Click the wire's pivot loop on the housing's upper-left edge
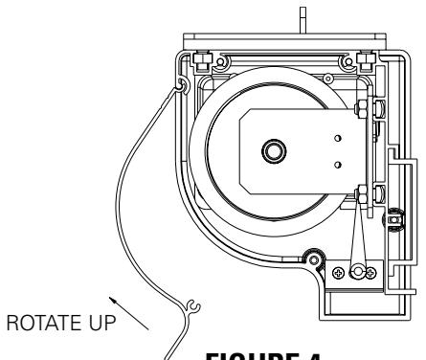pyautogui.click(x=181, y=89)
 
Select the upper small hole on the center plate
pyautogui.click(x=336, y=138)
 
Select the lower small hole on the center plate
pyautogui.click(x=336, y=164)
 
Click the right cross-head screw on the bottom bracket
pyautogui.click(x=371, y=272)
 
